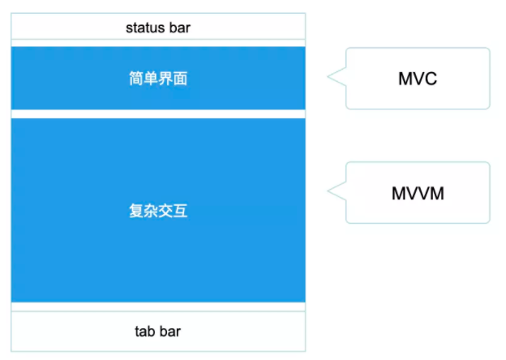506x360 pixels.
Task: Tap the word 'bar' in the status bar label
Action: [180, 28]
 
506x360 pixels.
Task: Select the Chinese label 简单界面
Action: [158, 79]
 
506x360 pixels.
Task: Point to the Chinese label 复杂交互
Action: [158, 211]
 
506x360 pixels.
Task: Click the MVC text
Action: [418, 79]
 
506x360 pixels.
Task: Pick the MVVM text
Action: [418, 194]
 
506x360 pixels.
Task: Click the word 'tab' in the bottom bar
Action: [144, 332]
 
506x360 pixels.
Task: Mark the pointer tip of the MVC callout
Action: [328, 76]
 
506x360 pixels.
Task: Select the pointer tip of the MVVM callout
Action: [328, 191]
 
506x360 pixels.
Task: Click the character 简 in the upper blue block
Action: [136, 79]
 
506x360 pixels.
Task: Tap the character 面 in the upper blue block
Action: [180, 79]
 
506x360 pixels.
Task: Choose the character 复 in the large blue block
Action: [136, 211]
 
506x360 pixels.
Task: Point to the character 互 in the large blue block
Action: [180, 211]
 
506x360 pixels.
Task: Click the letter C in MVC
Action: [431, 79]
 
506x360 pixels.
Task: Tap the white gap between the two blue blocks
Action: [158, 114]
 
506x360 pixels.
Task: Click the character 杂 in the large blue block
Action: [151, 211]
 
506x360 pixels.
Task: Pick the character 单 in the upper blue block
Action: [151, 79]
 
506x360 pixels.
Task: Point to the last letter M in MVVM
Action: [437, 194]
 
